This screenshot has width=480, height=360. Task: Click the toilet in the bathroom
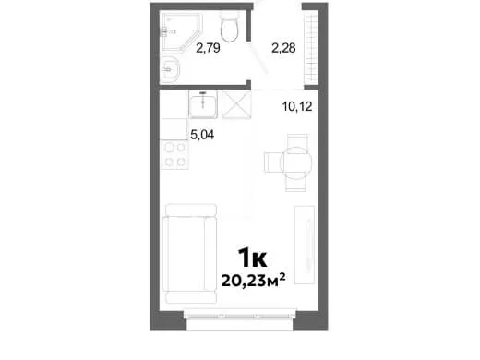coord(230,27)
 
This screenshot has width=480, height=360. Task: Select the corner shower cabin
coord(181,31)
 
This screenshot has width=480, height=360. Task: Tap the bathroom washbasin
coord(170,70)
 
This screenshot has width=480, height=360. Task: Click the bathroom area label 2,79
coord(208,48)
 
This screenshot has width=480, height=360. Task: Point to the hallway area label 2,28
coord(283,48)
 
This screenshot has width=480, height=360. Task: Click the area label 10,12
coord(297,106)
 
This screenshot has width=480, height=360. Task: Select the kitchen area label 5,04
coord(202,135)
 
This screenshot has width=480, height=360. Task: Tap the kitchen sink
coord(203,104)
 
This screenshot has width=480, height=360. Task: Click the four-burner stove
coord(174,154)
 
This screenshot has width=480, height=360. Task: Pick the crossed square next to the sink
coord(236,104)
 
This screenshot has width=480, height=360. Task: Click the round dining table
coord(295,162)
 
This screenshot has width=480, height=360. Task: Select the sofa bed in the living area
coord(190,254)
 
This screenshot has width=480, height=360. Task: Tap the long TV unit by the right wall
coord(305,245)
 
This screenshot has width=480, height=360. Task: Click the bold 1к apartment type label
coord(252,258)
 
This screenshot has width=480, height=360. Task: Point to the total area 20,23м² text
coord(253,281)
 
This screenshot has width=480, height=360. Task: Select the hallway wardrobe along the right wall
coord(311,48)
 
